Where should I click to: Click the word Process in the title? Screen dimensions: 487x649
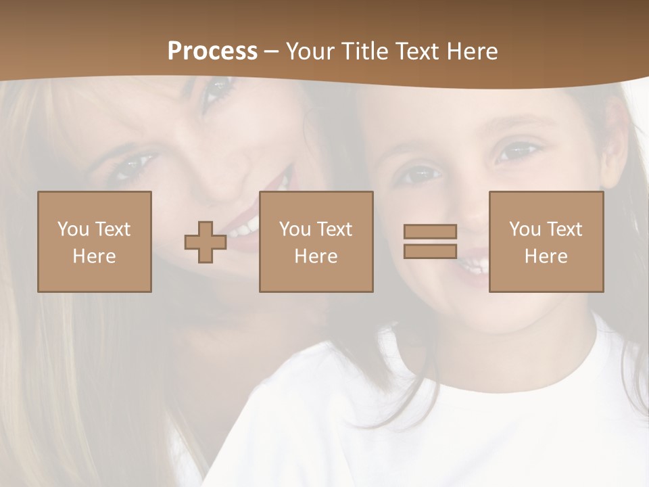click(x=212, y=51)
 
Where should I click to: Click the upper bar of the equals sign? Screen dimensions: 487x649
click(x=430, y=231)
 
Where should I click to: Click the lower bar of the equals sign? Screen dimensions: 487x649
click(x=430, y=251)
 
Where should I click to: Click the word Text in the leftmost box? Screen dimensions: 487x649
click(x=112, y=229)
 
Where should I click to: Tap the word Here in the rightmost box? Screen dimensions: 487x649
click(x=546, y=256)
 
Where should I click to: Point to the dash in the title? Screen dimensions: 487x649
click(x=272, y=51)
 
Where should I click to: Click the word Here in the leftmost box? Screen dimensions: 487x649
click(x=95, y=256)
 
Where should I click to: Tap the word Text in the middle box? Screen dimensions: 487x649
click(x=334, y=229)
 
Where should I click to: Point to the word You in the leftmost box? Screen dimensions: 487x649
click(x=73, y=229)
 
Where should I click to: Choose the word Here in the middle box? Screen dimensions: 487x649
click(x=316, y=256)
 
